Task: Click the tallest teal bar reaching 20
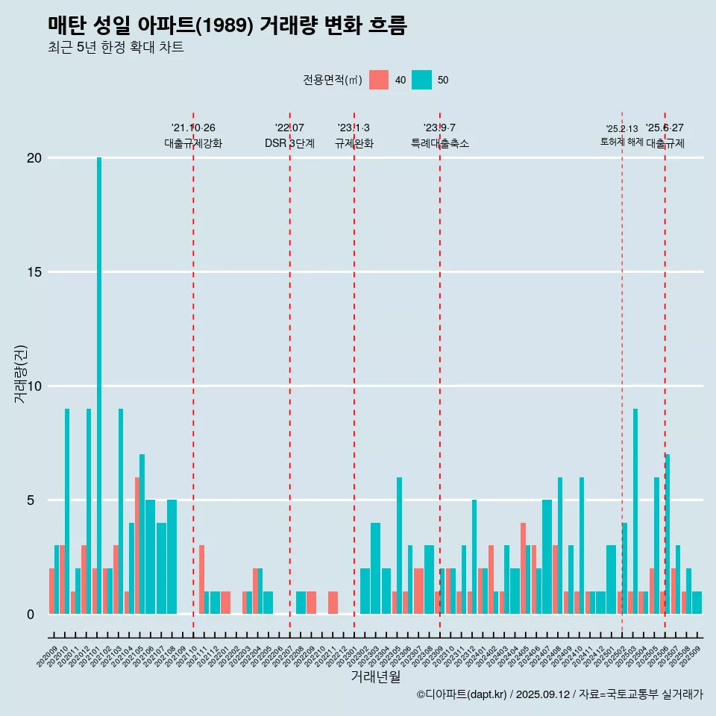click(99, 373)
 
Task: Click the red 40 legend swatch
click(379, 80)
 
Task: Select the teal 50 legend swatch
click(421, 80)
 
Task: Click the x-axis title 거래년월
click(376, 677)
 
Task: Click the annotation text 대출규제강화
click(193, 143)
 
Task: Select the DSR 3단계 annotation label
click(289, 143)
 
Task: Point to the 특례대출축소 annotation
click(440, 143)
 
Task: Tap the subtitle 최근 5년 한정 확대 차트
click(116, 48)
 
